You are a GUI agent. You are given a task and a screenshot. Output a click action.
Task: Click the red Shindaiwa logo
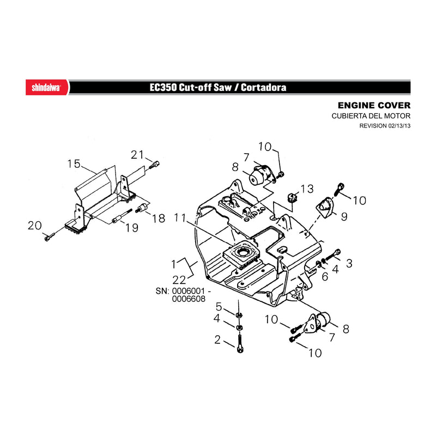tap(47, 87)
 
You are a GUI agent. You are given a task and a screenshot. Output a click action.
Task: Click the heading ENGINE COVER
tap(374, 105)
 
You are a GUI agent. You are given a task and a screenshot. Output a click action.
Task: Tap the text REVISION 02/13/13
tap(385, 126)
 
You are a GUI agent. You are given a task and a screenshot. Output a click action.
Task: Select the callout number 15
tap(74, 164)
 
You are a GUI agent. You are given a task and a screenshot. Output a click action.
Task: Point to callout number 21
tap(137, 155)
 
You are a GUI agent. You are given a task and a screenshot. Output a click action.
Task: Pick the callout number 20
tap(35, 226)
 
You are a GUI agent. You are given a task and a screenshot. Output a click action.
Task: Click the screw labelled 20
tap(49, 237)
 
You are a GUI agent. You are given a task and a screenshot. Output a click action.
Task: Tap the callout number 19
tap(132, 228)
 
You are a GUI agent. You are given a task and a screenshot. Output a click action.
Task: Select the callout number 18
tap(159, 219)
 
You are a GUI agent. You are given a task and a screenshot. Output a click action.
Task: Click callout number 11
tap(180, 217)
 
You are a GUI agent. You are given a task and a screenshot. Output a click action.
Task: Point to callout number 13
tap(307, 189)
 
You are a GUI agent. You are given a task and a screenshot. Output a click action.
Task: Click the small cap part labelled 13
tap(292, 198)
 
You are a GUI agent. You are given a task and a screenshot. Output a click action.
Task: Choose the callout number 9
tap(344, 216)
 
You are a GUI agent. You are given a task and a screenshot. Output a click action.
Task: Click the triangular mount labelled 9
tap(325, 208)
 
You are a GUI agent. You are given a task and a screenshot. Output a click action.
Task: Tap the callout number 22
tap(179, 280)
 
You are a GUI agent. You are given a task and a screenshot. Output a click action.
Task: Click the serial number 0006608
tap(189, 299)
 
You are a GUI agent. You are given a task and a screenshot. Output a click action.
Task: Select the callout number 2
tap(217, 340)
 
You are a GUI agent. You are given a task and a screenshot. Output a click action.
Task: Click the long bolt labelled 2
tap(240, 344)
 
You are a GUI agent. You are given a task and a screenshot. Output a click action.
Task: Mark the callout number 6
tap(325, 276)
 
